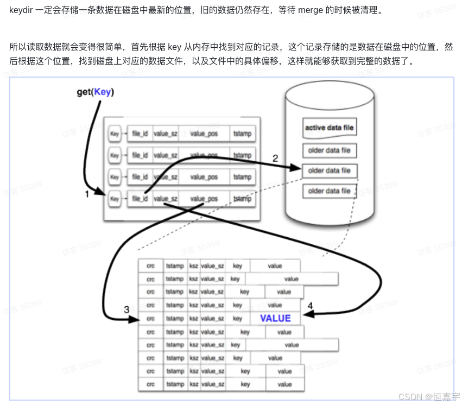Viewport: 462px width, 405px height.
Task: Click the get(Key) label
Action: [x=95, y=92]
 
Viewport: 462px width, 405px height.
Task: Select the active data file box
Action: [x=329, y=128]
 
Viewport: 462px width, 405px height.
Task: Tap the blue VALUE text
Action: [x=275, y=319]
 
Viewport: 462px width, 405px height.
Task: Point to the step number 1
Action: [x=87, y=194]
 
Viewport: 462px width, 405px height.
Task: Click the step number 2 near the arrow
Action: [x=275, y=159]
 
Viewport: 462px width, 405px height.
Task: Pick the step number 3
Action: [x=126, y=310]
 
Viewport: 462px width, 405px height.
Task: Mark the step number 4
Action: [x=310, y=306]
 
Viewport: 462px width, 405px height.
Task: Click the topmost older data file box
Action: [x=329, y=150]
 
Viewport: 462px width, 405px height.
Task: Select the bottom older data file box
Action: [x=329, y=191]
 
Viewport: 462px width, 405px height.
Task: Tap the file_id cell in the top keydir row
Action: [x=140, y=134]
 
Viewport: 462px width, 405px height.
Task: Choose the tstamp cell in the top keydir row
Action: [x=242, y=134]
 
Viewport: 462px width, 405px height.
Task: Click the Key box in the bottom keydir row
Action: [x=115, y=199]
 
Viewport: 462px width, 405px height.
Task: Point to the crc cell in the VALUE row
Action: [x=151, y=319]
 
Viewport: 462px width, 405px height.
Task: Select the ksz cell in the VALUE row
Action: [x=194, y=319]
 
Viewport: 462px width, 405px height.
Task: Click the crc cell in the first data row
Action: [x=151, y=266]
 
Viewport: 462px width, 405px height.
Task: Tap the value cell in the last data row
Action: [x=284, y=384]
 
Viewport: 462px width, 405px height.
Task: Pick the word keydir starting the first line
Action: [x=20, y=10]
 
